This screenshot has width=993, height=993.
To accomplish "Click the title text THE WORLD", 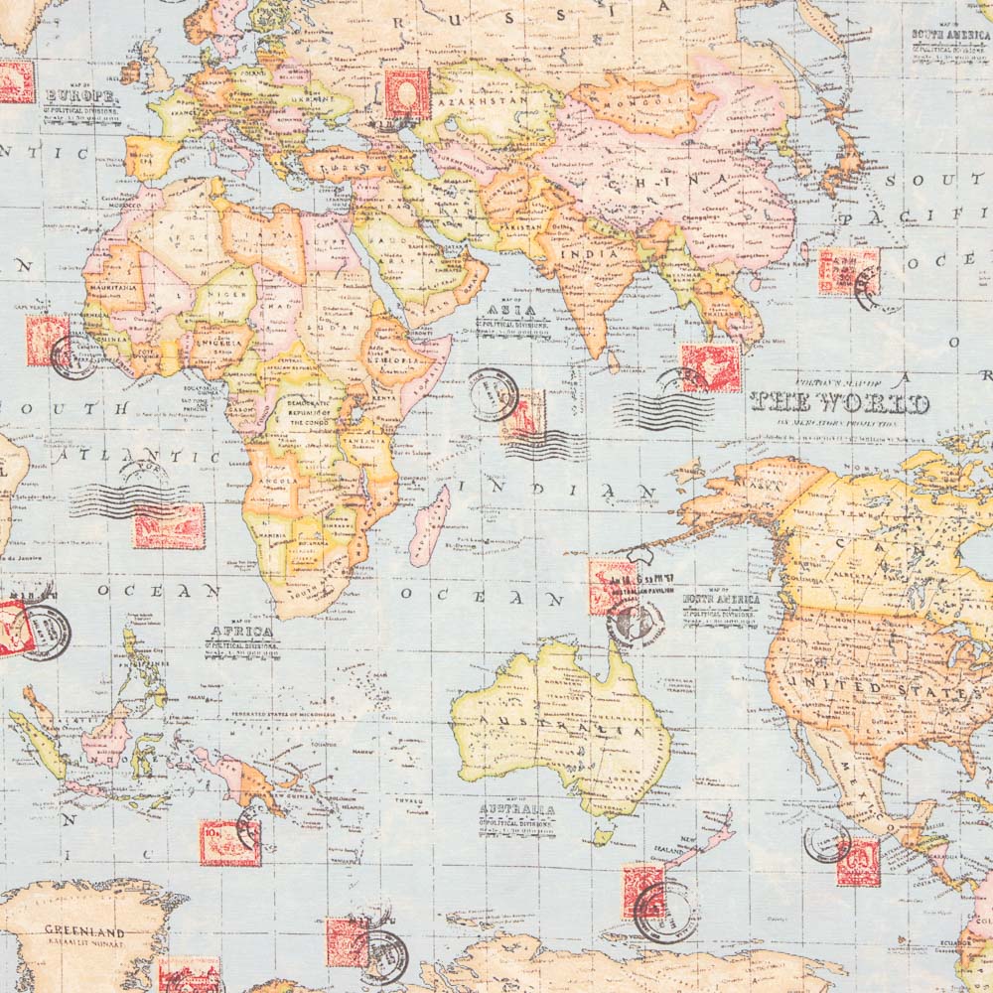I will tap(839, 403).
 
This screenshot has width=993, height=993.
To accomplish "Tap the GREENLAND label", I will tap(84, 933).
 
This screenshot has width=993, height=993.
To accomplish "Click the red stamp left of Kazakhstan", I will tap(407, 94).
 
